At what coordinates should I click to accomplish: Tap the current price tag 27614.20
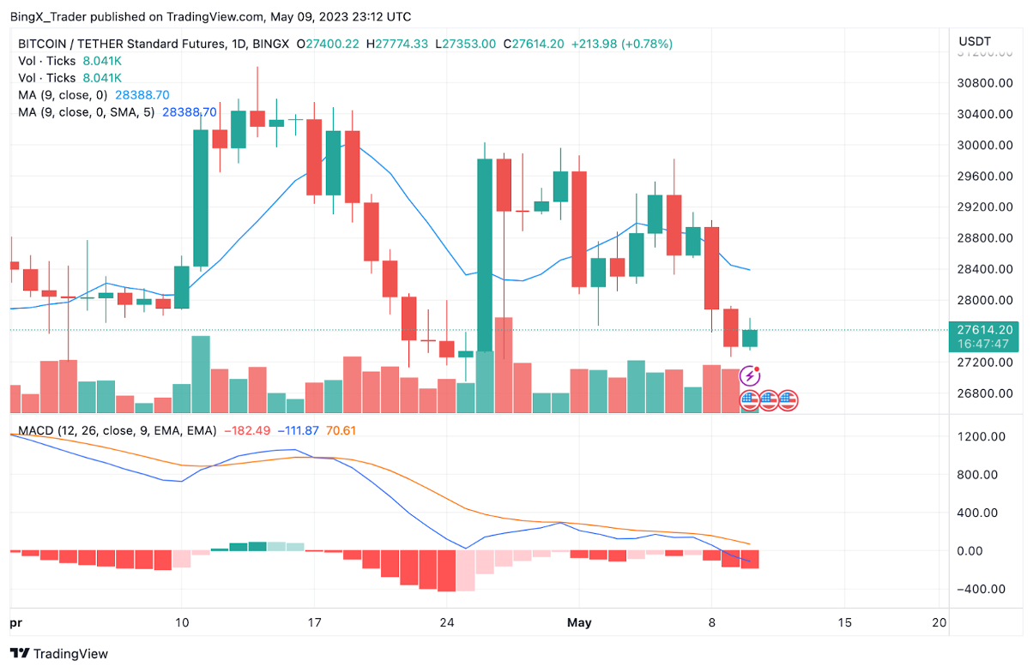click(985, 329)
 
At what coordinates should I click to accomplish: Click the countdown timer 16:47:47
click(985, 343)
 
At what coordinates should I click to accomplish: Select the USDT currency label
click(975, 41)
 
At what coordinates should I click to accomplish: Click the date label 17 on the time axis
click(314, 622)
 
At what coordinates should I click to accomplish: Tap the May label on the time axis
click(580, 622)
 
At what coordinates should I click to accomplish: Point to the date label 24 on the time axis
click(446, 622)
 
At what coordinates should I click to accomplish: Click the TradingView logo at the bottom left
click(60, 654)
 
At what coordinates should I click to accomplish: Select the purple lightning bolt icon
click(750, 375)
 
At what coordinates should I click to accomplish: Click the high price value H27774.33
click(396, 44)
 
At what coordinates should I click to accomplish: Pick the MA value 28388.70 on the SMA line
click(189, 112)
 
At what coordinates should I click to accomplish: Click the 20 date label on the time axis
click(939, 622)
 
